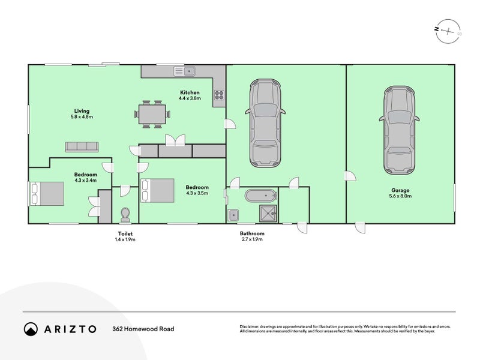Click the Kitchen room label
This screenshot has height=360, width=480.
[x=190, y=95]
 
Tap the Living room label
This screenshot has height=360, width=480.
[x=82, y=113]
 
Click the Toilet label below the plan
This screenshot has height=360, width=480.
[x=125, y=236]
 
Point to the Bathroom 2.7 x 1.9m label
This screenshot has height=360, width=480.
[x=251, y=236]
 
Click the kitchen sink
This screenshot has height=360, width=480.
[x=186, y=71]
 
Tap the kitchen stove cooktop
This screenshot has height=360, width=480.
[x=218, y=94]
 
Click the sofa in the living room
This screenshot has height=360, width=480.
[x=82, y=146]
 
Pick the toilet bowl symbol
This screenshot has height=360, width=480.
[x=125, y=214]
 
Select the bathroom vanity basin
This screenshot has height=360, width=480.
[x=233, y=215]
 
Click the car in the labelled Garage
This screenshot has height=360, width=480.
[x=397, y=128]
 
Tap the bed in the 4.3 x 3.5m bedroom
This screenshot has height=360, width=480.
[x=157, y=190]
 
